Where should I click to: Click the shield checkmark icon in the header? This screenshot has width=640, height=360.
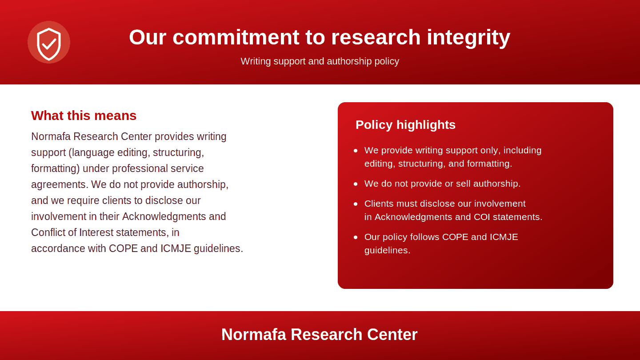pos(49,43)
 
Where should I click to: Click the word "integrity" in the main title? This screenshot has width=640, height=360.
pos(468,38)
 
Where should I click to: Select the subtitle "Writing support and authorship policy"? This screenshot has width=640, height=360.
pos(320,61)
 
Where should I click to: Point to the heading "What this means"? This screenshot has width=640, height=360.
pos(84,116)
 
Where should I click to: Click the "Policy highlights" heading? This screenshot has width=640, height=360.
pos(405,125)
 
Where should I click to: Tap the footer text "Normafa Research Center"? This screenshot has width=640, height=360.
pos(320,334)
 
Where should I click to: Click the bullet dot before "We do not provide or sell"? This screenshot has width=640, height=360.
pos(356,184)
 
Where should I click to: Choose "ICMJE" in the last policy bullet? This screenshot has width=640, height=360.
pos(504,237)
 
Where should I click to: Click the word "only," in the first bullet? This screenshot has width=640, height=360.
pos(490,151)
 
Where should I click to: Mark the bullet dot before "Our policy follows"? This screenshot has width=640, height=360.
pos(356,237)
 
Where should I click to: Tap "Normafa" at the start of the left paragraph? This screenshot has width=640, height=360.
pos(51,136)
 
